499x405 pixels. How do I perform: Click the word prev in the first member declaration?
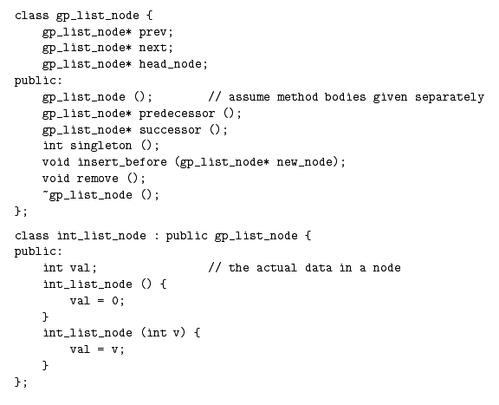[152, 32]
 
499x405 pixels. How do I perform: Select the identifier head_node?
[171, 64]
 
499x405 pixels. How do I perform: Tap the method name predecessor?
[177, 114]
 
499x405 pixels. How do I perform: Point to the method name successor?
[171, 130]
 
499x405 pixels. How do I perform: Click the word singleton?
[100, 146]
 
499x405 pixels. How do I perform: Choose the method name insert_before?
[122, 162]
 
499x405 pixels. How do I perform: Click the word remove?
[97, 179]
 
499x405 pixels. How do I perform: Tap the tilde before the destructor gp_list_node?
[46, 192]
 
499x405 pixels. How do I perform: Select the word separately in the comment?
[450, 97]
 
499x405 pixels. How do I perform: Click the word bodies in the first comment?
[345, 97]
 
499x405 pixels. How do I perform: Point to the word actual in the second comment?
[276, 268]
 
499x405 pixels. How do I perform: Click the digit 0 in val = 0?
[115, 301]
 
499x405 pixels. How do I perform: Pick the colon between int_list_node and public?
[156, 236]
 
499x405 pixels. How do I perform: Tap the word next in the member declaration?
[152, 48]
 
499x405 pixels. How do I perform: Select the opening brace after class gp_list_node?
[150, 16]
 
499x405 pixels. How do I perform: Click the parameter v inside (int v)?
[177, 333]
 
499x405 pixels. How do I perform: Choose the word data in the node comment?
[318, 268]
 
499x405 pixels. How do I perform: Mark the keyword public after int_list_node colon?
[186, 236]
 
